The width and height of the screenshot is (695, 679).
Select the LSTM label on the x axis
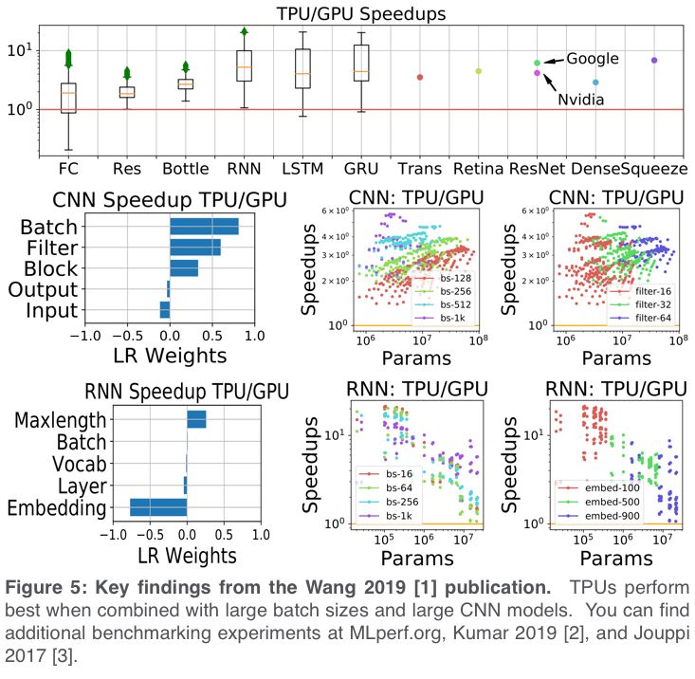pos(303,170)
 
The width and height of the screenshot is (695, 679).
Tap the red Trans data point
pos(420,77)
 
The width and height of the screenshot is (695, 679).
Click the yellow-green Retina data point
pos(479,71)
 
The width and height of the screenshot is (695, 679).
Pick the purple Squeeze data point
pos(654,60)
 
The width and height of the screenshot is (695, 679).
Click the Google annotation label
pos(593,59)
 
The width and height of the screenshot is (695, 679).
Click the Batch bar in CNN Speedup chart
pos(204,227)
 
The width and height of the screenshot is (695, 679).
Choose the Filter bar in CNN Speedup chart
pos(195,248)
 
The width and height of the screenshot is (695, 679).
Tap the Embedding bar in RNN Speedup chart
pos(158,507)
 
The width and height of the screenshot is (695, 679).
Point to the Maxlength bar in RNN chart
pos(196,419)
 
